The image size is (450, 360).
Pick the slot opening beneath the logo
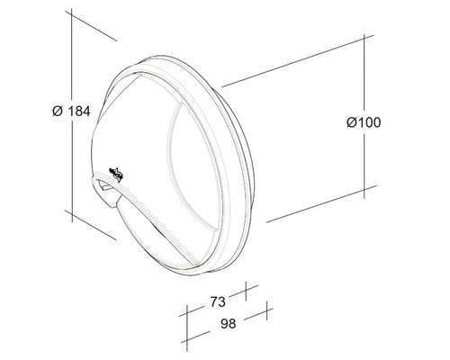pos(107,189)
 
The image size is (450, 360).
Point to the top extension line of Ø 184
pos(94,27)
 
